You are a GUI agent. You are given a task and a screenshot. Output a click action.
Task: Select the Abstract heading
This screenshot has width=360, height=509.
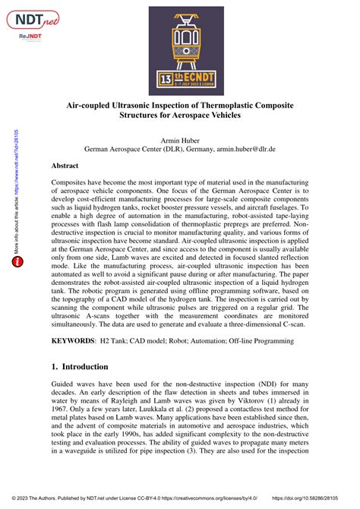[70, 165]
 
